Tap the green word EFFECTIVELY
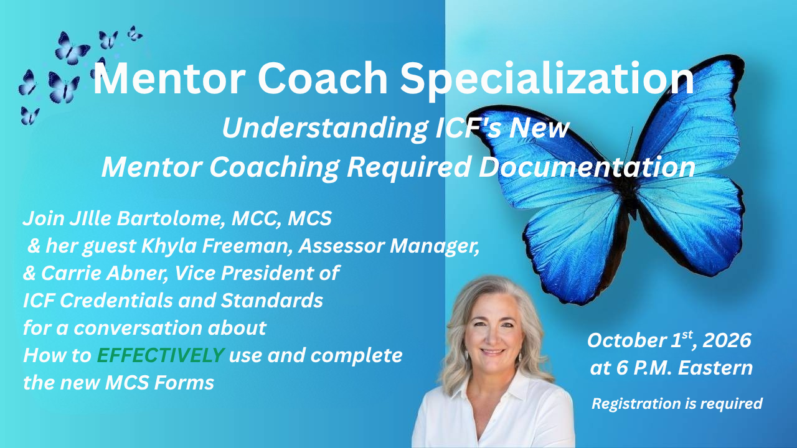[161, 355]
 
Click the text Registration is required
[677, 404]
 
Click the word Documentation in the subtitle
[587, 167]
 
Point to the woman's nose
[493, 338]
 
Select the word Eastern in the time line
[715, 368]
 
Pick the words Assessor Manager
[389, 246]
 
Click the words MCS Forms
[159, 383]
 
